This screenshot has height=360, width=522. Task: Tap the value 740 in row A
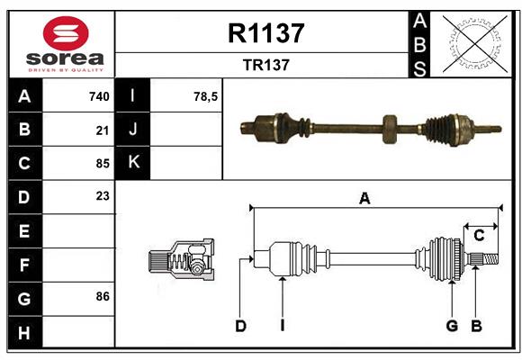click(98, 96)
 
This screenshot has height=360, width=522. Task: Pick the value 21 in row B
click(102, 130)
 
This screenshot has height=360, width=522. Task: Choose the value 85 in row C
click(102, 164)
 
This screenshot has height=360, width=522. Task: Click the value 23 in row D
click(102, 195)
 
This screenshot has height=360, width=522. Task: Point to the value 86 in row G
click(102, 296)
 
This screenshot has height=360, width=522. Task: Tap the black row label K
click(134, 163)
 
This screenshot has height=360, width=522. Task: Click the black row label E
click(24, 231)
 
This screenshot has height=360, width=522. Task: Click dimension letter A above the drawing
click(364, 199)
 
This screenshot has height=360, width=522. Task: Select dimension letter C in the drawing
click(479, 235)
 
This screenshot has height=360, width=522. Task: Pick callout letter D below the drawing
click(240, 326)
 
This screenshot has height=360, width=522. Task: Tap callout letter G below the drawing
click(452, 326)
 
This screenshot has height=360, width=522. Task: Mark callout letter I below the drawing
click(282, 326)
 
